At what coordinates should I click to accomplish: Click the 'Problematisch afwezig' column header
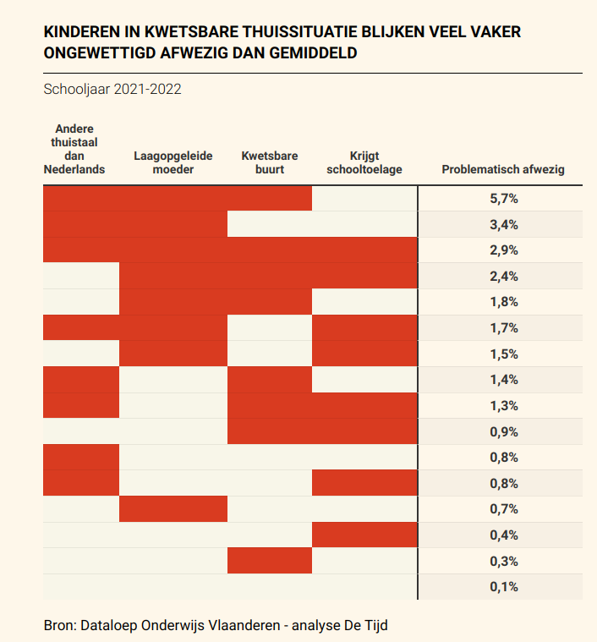point(502,170)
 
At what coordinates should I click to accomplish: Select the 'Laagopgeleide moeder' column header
point(173,163)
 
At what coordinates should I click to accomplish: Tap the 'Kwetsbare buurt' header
point(269,163)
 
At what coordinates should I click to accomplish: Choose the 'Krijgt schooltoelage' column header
point(364,163)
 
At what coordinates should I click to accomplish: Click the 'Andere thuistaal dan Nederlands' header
point(74,149)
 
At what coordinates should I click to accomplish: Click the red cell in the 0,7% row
point(173,509)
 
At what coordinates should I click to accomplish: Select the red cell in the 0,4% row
point(364,535)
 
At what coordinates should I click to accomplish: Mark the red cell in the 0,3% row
point(269,560)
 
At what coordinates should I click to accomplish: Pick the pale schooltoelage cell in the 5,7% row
point(364,199)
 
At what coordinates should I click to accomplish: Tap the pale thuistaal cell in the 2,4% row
point(81,276)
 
